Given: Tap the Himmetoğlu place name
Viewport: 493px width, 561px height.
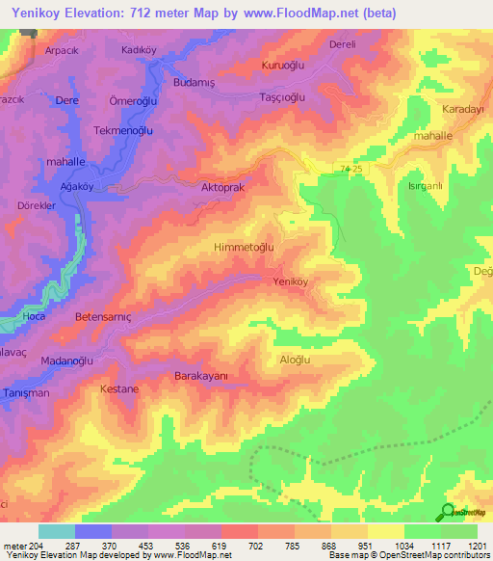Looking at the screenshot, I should tap(243, 247).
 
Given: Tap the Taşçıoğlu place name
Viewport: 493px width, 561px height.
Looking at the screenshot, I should tap(283, 97).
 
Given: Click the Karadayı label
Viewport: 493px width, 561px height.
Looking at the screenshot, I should tap(461, 109).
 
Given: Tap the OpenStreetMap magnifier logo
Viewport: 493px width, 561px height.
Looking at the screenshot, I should tap(448, 513).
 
